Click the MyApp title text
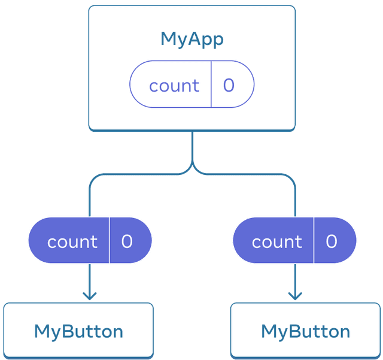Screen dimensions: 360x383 pyautogui.click(x=192, y=40)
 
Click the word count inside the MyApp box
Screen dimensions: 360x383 pyautogui.click(x=174, y=86)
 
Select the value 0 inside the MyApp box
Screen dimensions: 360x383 pyautogui.click(x=229, y=86)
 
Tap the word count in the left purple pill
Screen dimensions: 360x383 pyautogui.click(x=72, y=242)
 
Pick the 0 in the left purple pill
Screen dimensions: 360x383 pyautogui.click(x=127, y=241)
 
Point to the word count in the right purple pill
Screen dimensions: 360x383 pyautogui.click(x=277, y=242)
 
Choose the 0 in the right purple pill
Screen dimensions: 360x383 pyautogui.click(x=332, y=241)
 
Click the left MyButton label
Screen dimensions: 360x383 pyautogui.click(x=78, y=331)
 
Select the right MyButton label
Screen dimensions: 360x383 pyautogui.click(x=306, y=331)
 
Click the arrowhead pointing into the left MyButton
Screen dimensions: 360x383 pyautogui.click(x=90, y=295)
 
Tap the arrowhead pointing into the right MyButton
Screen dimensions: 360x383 pyautogui.click(x=294, y=295)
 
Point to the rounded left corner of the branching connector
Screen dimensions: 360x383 pyautogui.click(x=93, y=179)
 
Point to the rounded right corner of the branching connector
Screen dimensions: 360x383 pyautogui.click(x=291, y=179)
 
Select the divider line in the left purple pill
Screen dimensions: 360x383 pyautogui.click(x=110, y=240)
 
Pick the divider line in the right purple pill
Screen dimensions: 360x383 pyautogui.click(x=314, y=240)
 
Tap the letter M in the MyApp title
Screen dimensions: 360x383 pyautogui.click(x=168, y=40)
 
